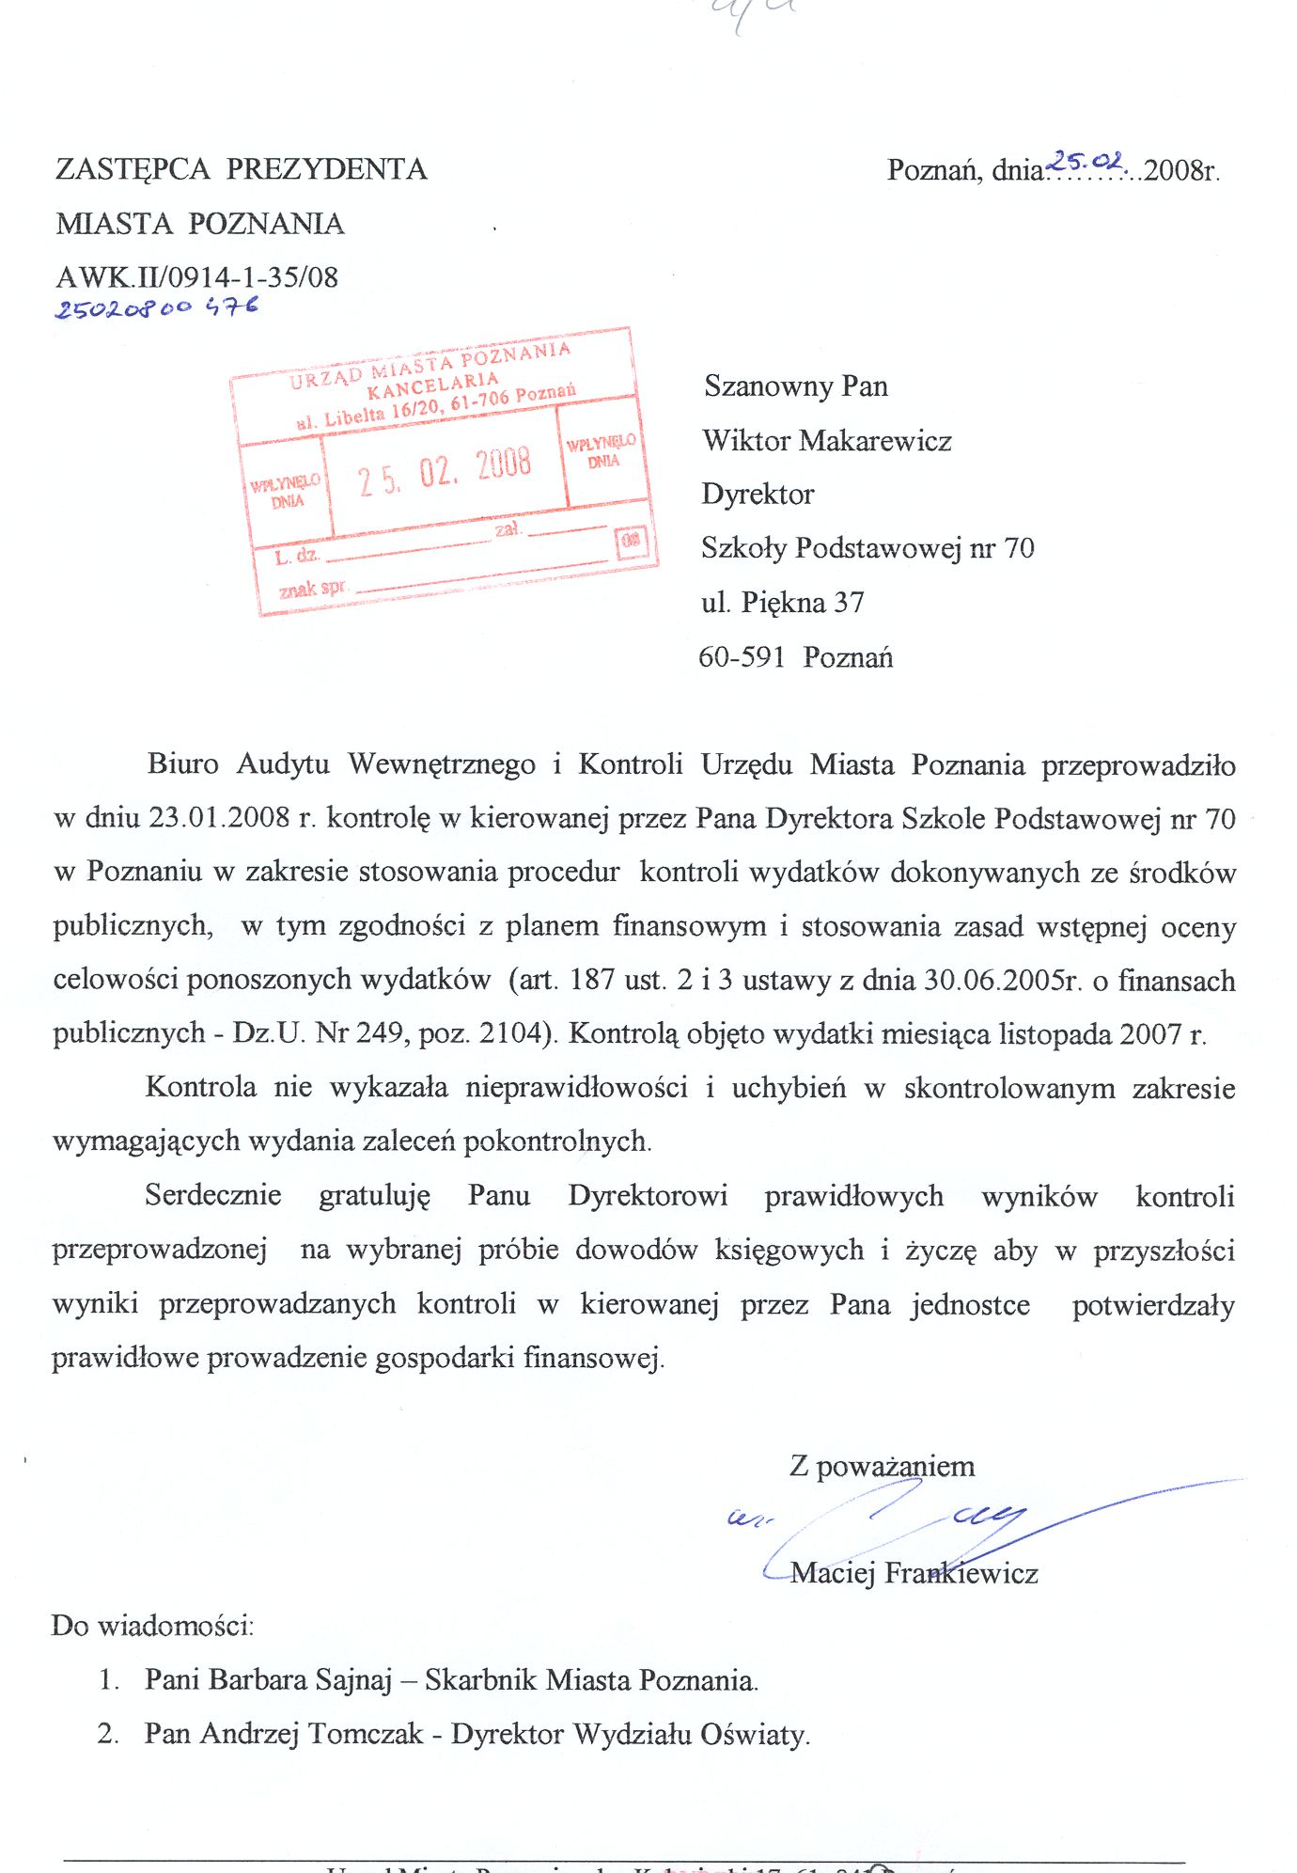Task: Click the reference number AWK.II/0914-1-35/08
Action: pos(196,277)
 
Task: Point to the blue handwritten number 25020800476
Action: pos(156,307)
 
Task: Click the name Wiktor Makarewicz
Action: pos(826,440)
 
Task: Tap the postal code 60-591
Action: pos(741,656)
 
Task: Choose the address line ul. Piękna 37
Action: pos(782,602)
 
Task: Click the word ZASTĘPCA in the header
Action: pos(133,169)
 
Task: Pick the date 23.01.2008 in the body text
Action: pos(219,817)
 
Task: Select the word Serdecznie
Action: pos(213,1195)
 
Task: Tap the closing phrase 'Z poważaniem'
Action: pos(882,1466)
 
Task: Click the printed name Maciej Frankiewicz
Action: pos(914,1573)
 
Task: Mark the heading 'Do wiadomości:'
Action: pos(152,1625)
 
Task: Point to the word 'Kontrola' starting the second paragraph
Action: pos(200,1087)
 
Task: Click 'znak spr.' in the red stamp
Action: pos(312,589)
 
